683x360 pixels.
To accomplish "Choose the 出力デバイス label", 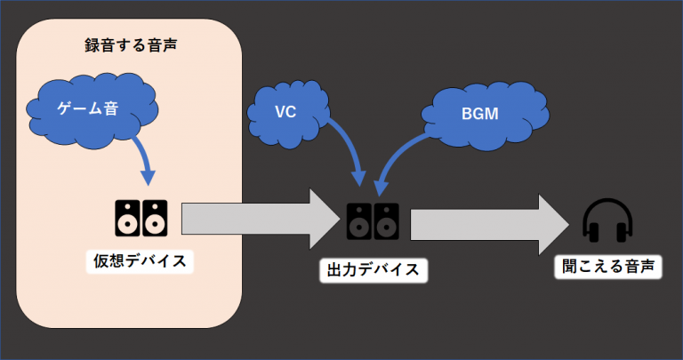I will pyautogui.click(x=373, y=269).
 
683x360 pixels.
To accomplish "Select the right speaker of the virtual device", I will pyautogui.click(x=156, y=218).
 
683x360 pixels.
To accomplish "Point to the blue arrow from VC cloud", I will pyautogui.click(x=350, y=147).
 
